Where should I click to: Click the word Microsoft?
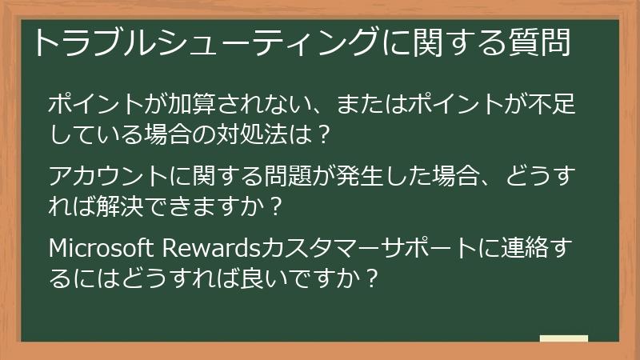[x=102, y=248]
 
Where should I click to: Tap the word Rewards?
[x=207, y=248]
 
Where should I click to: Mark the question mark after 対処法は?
[x=323, y=134]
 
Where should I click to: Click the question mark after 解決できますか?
[x=275, y=206]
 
